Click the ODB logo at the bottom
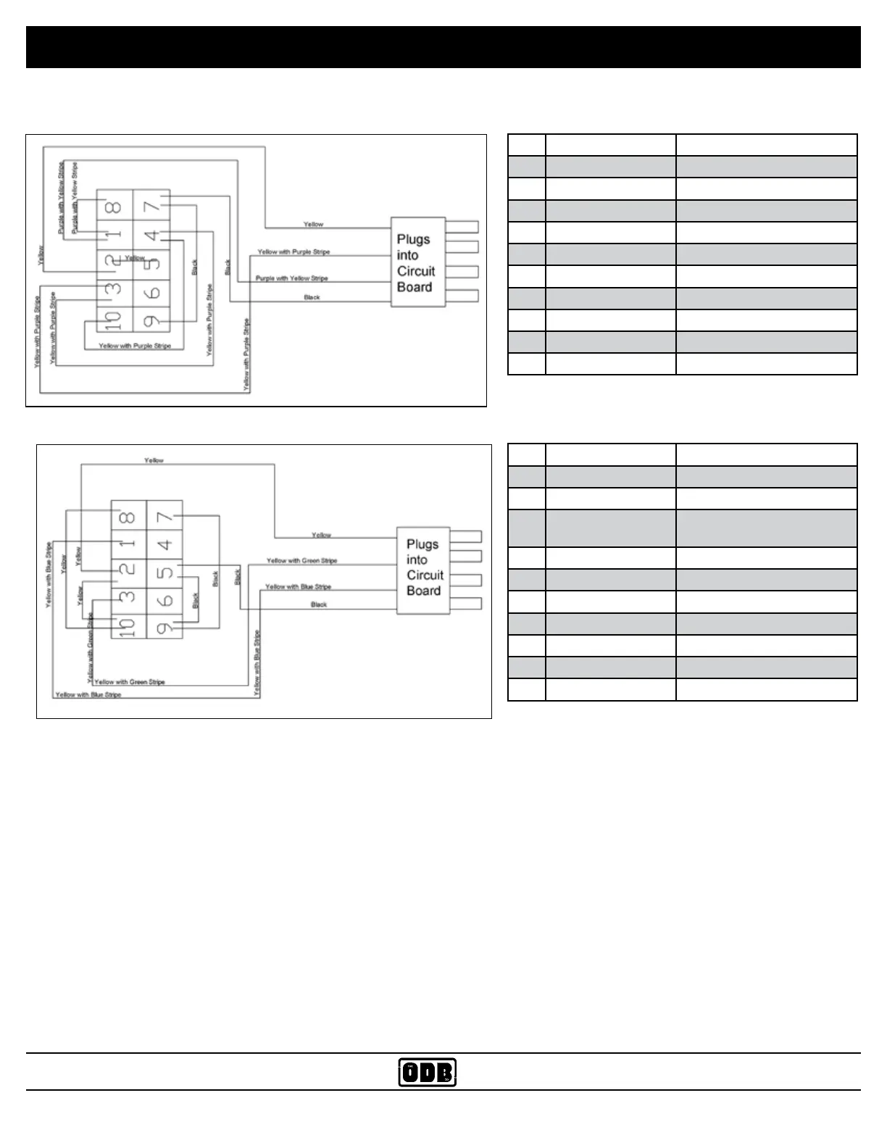(428, 1073)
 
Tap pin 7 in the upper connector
(151, 207)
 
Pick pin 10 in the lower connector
(128, 625)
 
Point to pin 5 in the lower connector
(165, 573)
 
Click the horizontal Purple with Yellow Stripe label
(292, 278)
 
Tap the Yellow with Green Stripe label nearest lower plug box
(301, 561)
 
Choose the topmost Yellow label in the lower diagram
(154, 460)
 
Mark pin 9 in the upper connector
(151, 320)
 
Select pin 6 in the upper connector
(151, 293)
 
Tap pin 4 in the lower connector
(165, 544)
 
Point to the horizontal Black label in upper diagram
(312, 297)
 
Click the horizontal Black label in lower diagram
(319, 604)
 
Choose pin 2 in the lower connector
(128, 570)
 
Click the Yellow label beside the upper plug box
(313, 225)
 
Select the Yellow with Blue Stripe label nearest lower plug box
(298, 587)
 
